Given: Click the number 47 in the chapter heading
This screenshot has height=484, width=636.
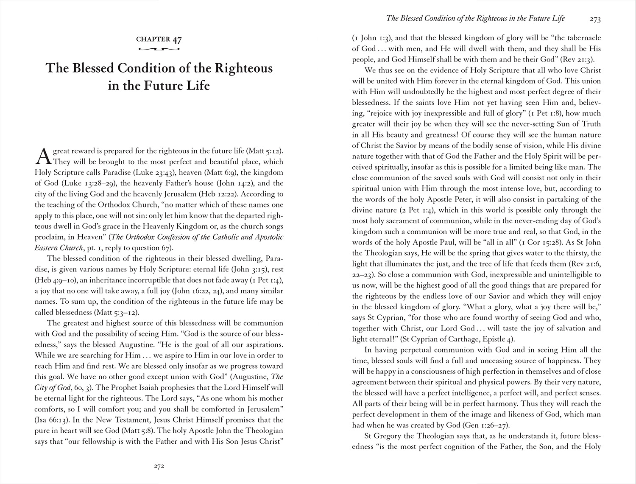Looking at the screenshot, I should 177,39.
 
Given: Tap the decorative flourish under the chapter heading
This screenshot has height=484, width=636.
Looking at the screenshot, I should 159,50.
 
